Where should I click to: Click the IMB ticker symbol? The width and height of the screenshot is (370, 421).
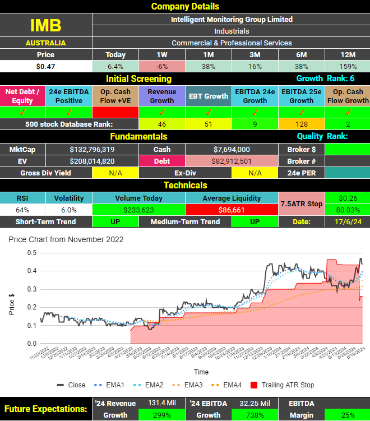tap(45, 25)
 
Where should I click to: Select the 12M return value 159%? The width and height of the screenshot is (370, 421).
tap(348, 66)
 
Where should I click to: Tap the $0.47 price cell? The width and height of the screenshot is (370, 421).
tap(45, 66)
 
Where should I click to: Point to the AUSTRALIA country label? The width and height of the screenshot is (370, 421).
tap(45, 43)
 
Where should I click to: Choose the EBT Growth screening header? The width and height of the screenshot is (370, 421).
tap(208, 96)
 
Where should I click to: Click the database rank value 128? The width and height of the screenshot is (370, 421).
tap(301, 124)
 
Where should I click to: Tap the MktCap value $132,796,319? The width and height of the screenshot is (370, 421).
tap(92, 149)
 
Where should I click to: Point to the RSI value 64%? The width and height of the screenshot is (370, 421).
tap(22, 210)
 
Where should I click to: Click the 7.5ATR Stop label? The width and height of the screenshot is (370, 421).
tap(301, 203)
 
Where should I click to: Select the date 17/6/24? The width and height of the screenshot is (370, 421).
tap(347, 222)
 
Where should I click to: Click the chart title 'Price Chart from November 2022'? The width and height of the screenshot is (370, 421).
tap(66, 239)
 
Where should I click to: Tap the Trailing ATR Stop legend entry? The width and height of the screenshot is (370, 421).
tap(283, 385)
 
